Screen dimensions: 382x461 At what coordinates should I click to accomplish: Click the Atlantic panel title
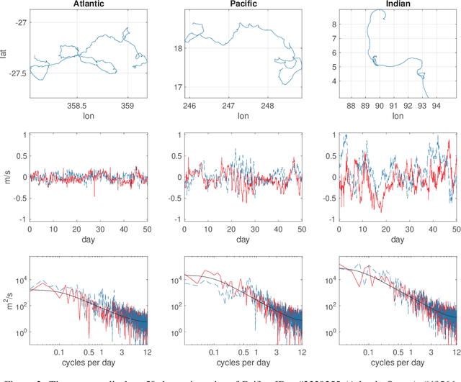pos(88,4)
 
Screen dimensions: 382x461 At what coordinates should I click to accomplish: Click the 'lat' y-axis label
pos(6,53)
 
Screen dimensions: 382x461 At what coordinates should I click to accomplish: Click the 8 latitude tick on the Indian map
pos(333,24)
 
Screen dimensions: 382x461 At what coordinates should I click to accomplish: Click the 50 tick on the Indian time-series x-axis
pos(455,228)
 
